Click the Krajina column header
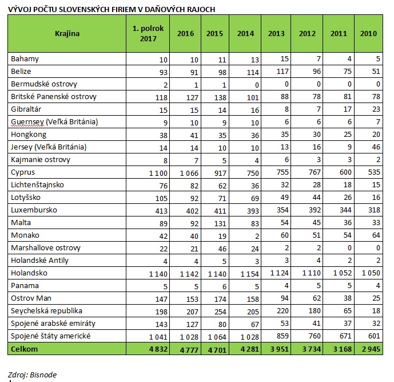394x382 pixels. tap(67, 33)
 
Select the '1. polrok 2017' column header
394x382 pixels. tap(148, 33)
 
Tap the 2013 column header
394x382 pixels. tap(276, 33)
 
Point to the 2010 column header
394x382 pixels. tap(368, 33)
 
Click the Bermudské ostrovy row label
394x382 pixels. tap(44, 84)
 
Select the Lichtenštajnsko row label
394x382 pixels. tap(37, 185)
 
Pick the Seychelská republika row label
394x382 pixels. tap(46, 311)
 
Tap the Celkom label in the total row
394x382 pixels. tap(25, 349)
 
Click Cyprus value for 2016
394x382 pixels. tap(189, 173)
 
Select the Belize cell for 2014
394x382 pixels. tap(253, 73)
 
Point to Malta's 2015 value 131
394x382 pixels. tap(220, 223)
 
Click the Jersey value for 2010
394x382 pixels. tap(376, 147)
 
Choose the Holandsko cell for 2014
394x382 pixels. tap(249, 274)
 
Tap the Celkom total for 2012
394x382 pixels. tap(312, 349)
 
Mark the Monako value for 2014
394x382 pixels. tap(257, 236)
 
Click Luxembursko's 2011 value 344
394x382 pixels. tap(345, 210)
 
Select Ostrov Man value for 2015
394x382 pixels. tap(220, 299)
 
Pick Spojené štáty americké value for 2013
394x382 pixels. tap(282, 336)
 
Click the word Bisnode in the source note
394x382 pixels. tap(43, 375)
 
